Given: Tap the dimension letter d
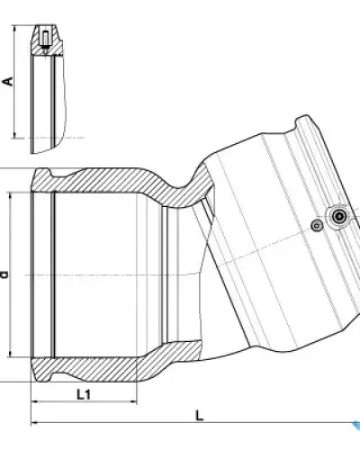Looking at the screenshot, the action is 4,274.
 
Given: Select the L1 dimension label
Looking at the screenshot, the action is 84,394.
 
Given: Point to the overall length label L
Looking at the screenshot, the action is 200,416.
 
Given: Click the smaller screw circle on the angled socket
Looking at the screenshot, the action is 317,225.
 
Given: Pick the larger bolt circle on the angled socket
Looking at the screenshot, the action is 339,216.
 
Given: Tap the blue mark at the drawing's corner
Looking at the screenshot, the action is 356,425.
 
